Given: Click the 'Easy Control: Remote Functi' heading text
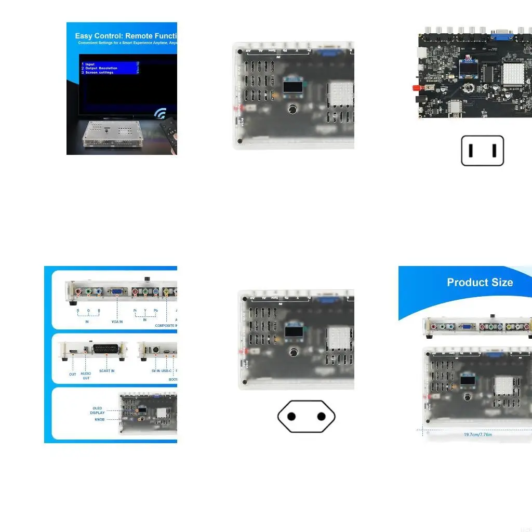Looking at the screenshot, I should tap(126, 36).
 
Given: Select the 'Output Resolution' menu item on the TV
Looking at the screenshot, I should tap(101, 68).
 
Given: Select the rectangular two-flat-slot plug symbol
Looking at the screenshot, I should tap(482, 151).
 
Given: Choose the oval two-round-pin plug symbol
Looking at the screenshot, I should tap(306, 416).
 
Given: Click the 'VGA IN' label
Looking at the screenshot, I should tap(117, 322).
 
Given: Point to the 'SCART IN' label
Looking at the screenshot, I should tap(107, 370).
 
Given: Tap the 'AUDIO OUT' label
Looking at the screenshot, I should tap(86, 376).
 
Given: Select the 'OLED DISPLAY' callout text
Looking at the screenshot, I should tap(98, 410).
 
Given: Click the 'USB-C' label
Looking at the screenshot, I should tap(167, 370).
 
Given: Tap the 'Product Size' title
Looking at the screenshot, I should tap(480, 283).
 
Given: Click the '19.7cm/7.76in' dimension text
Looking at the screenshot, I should tap(478, 434).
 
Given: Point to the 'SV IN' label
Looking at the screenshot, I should tap(155, 370).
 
